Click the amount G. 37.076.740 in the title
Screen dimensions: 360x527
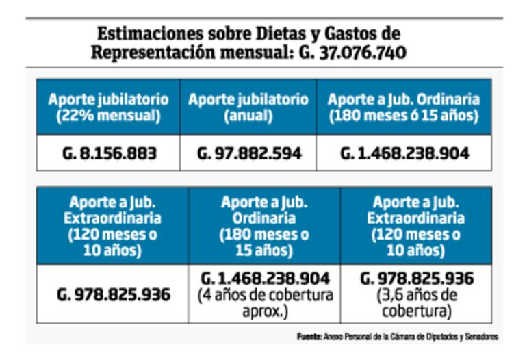point(353,53)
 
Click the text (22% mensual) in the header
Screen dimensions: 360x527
point(109,116)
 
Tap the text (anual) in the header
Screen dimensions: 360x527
point(248,116)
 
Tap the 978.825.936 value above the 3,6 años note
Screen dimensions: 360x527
point(416,280)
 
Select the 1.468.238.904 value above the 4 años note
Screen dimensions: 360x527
point(265,280)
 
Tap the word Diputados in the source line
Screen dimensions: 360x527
point(435,337)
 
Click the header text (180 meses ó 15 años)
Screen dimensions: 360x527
point(404,116)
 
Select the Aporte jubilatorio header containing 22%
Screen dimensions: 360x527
point(109,100)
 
